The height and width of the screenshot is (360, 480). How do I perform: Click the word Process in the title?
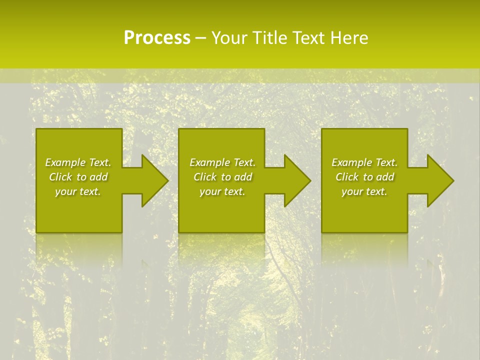coord(157,38)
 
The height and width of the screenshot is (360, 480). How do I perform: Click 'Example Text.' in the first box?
coord(78,162)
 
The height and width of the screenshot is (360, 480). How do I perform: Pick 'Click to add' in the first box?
coord(78,177)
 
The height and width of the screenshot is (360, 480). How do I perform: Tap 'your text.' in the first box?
coord(78,191)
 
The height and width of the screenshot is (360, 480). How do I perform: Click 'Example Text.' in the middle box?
coord(222,162)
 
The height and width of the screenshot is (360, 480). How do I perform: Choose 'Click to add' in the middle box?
coord(222,177)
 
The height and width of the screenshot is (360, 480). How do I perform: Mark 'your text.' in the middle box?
coord(222,191)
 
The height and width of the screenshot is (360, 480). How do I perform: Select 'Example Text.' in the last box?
coord(364,162)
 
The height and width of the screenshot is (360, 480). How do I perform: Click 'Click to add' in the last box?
coord(364,177)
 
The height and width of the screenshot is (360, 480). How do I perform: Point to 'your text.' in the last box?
coord(364,191)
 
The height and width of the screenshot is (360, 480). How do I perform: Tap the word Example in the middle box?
coord(209,162)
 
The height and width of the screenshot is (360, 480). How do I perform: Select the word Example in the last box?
coord(351,162)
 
